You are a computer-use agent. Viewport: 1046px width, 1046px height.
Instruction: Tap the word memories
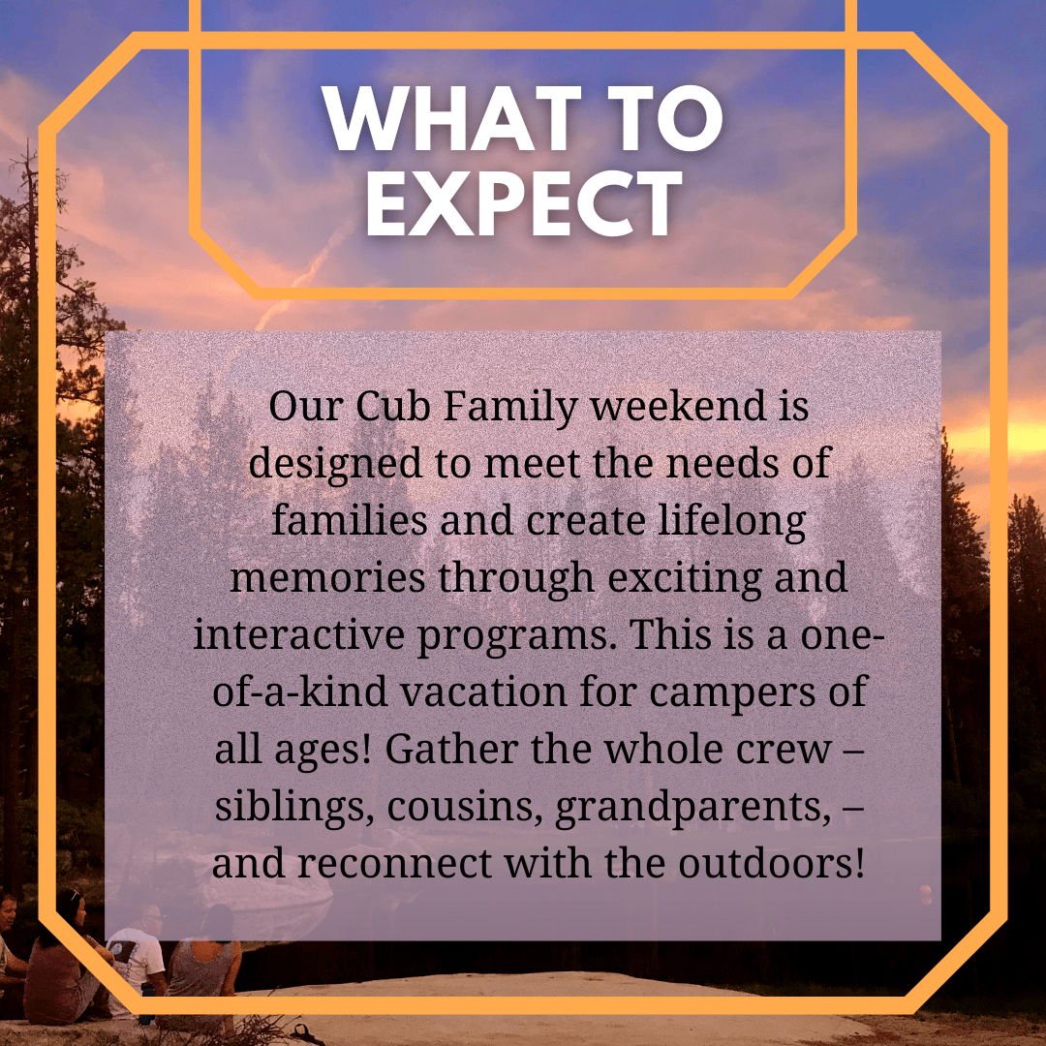tap(328, 578)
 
